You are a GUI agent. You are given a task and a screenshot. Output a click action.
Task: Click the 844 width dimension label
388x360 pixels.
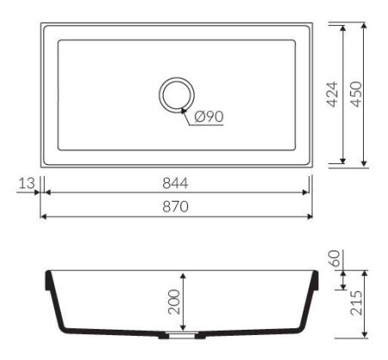[x=175, y=183]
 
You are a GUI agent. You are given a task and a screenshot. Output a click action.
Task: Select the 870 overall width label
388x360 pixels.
[x=175, y=206]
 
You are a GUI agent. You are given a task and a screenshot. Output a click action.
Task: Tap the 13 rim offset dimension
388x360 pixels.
[x=27, y=183]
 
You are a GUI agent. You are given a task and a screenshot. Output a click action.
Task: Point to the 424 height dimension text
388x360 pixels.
[x=333, y=94]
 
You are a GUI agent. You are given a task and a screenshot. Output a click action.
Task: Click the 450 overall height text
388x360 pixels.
[x=356, y=94]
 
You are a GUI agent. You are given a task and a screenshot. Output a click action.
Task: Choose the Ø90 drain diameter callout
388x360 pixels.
[x=209, y=117]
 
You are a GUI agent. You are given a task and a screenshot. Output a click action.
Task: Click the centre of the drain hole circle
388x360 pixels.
[x=177, y=95]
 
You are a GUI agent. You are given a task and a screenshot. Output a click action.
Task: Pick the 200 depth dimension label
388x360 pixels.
[x=174, y=301]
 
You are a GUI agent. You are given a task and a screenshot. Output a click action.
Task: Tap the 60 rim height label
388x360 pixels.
[x=335, y=258]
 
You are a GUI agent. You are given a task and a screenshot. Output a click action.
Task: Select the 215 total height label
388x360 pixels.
[x=356, y=303]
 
